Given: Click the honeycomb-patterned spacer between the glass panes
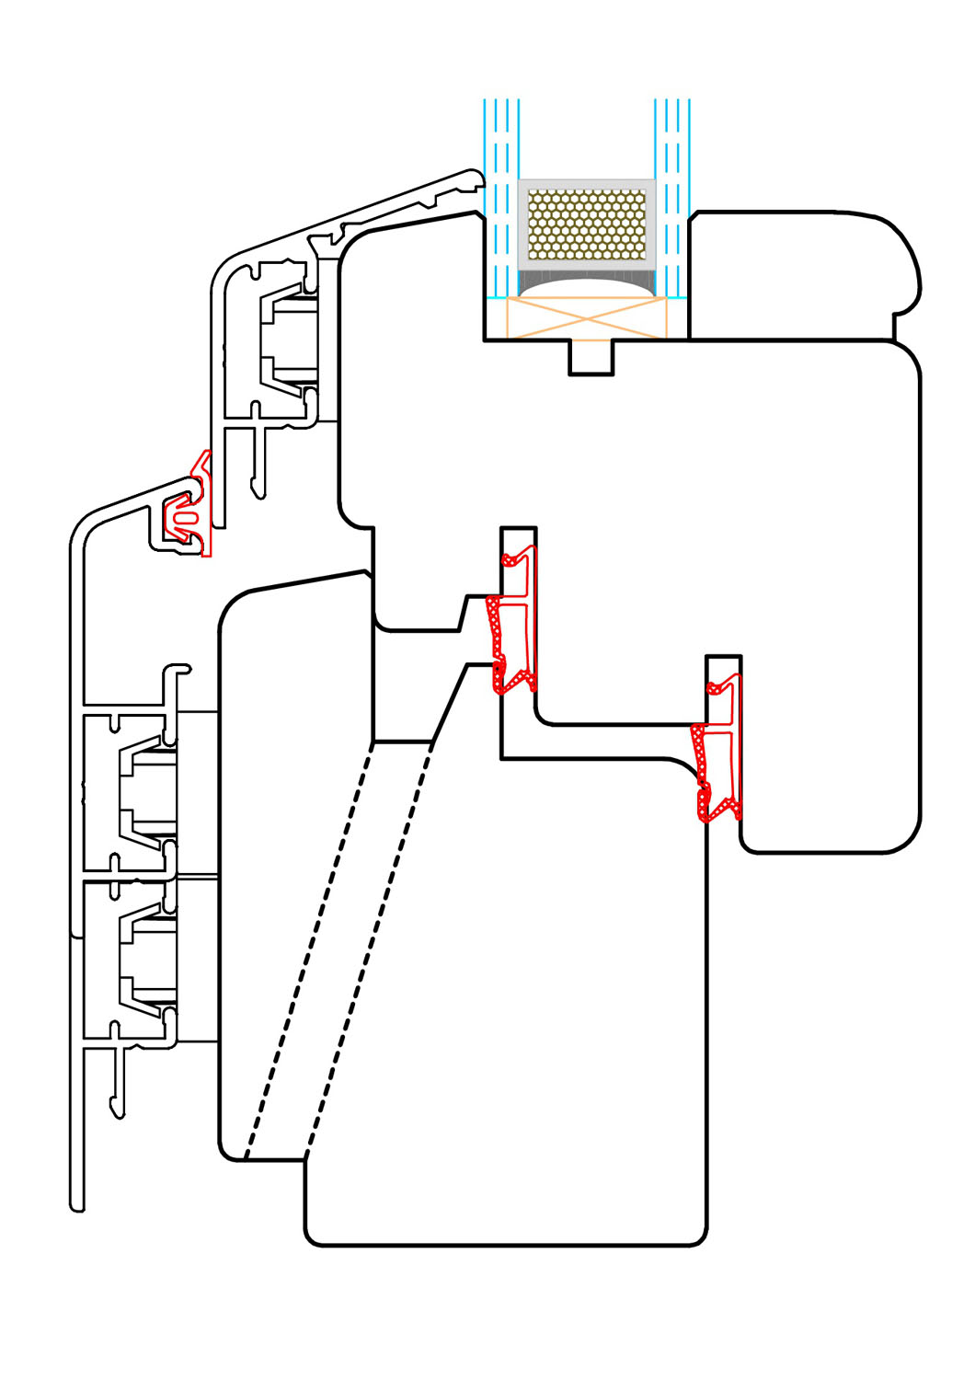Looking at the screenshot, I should (x=587, y=224).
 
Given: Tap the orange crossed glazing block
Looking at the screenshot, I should (x=587, y=317).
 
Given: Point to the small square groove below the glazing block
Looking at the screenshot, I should (x=591, y=357).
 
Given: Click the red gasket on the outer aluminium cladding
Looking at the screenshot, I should (x=189, y=511).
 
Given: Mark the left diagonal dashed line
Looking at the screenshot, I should (x=308, y=948).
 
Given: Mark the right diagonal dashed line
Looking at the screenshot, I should (x=368, y=948).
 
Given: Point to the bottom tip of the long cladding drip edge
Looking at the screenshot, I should (x=77, y=1205).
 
